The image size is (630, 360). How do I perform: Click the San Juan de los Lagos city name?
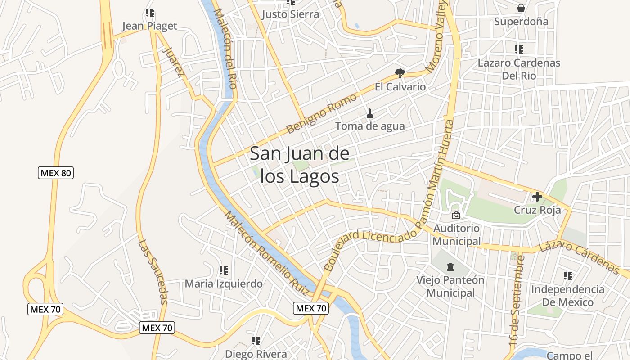(x=299, y=165)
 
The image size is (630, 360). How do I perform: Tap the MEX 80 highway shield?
(x=56, y=173)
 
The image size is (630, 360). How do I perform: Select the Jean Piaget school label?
(x=150, y=26)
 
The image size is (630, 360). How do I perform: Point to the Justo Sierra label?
(x=290, y=14)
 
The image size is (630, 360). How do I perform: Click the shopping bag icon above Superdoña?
(x=521, y=8)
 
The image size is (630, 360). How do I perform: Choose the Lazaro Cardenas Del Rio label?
(x=519, y=69)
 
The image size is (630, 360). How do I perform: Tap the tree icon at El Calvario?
(x=400, y=73)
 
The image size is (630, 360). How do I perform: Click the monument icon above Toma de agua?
(x=370, y=113)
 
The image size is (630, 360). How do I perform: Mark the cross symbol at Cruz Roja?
(x=537, y=197)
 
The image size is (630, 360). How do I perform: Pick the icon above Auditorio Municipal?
(x=456, y=216)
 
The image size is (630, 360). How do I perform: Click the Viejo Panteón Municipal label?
(x=450, y=286)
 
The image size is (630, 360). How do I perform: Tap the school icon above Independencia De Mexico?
(x=568, y=275)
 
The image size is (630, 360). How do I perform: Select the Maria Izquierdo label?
(x=224, y=284)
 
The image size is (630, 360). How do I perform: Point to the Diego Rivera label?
(x=256, y=354)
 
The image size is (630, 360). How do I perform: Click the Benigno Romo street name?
(x=321, y=113)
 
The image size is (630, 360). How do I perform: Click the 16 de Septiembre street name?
(x=517, y=300)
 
